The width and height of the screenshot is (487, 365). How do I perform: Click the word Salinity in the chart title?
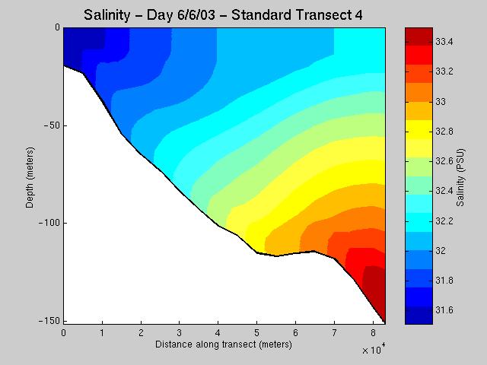click(x=107, y=15)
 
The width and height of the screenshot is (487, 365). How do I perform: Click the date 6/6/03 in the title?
click(x=196, y=14)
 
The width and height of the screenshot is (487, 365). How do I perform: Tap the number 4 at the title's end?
click(x=358, y=14)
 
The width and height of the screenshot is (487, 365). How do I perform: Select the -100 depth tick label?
click(x=49, y=223)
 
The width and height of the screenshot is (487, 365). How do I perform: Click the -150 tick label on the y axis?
click(x=49, y=321)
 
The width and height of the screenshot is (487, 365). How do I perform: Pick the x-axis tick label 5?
click(x=256, y=333)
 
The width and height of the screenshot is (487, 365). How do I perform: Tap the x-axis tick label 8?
click(x=373, y=333)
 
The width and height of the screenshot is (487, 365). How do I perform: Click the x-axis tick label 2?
click(x=141, y=333)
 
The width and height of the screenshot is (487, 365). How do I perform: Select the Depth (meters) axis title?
click(x=30, y=177)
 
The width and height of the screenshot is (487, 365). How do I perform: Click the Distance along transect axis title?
click(x=224, y=344)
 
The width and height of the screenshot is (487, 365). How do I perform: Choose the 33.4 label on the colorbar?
click(x=444, y=42)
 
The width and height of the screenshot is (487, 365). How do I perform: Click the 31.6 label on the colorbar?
click(x=444, y=310)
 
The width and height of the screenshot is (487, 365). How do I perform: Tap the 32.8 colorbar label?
click(x=444, y=132)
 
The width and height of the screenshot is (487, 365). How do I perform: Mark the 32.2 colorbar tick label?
click(x=444, y=221)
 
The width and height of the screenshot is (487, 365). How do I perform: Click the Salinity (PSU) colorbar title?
click(x=460, y=177)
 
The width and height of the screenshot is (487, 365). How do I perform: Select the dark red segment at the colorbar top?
click(x=419, y=36)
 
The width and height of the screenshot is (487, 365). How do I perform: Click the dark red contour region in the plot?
click(x=375, y=290)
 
